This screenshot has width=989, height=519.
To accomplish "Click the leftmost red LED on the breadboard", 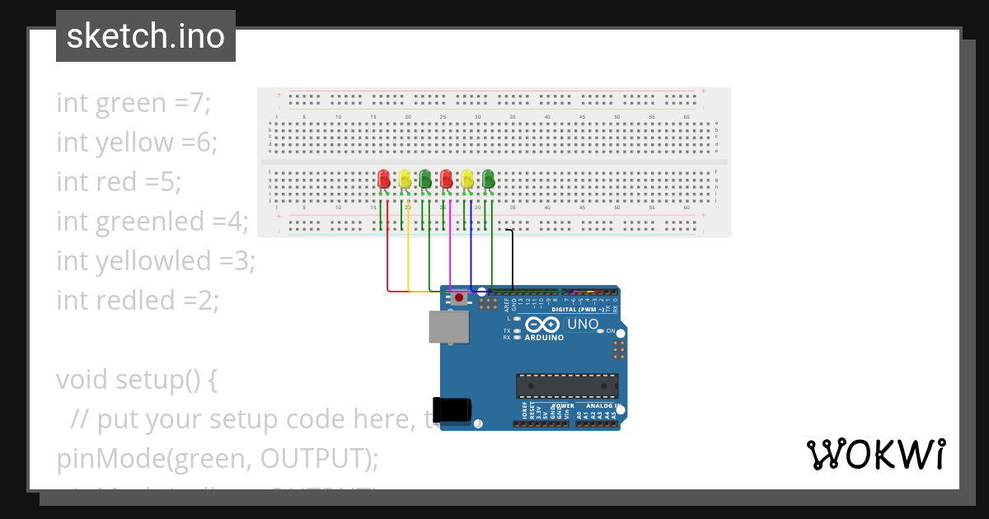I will [x=383, y=179].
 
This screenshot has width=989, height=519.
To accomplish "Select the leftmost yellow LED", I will [x=405, y=179].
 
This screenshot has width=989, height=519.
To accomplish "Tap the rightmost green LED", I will [x=488, y=179].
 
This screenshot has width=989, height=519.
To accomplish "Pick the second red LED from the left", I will [x=446, y=179].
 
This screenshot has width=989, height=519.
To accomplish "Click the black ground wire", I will [x=512, y=255].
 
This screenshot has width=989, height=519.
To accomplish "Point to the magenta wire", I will [x=450, y=255].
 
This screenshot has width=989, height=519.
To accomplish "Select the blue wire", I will [x=471, y=255].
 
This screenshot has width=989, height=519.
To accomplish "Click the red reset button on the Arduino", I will [x=458, y=298].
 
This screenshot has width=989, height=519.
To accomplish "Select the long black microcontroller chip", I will [x=566, y=386].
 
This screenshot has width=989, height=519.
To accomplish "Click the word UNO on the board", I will [x=583, y=325].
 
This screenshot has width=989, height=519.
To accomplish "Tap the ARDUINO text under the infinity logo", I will [x=544, y=338].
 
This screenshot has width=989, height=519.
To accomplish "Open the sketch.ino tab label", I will [x=146, y=36].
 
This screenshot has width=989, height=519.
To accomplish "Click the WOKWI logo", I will [x=875, y=454].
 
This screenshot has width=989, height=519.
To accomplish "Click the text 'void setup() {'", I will [x=137, y=380].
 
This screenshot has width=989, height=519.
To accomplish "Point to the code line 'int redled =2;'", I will [x=138, y=300].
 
